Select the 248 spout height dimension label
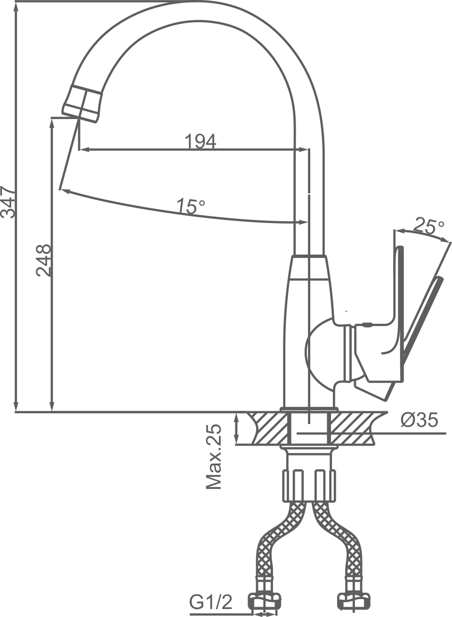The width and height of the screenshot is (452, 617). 43,260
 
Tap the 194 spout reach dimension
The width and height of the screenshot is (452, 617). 200,141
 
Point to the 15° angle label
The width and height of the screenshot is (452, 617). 191,206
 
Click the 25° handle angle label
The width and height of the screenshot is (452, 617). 428,226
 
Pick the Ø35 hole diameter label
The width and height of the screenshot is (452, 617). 419,420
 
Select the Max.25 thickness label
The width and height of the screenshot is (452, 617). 214,457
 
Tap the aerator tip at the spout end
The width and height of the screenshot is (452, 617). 82,103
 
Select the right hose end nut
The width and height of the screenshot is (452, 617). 352,602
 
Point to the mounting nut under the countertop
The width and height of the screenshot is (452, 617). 310,485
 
